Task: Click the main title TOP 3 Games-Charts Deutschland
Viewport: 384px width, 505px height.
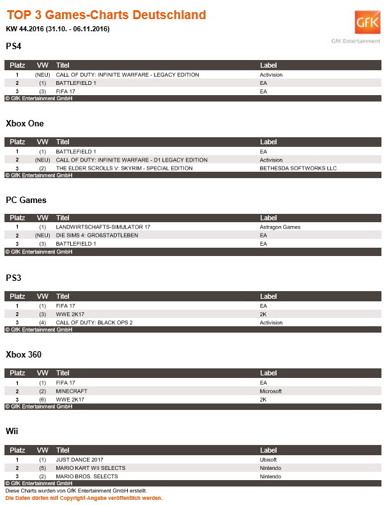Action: tap(107, 15)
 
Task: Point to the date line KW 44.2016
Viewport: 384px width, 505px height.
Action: tap(58, 29)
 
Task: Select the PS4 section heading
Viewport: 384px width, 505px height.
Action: tap(15, 46)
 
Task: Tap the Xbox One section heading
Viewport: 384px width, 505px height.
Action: tap(25, 123)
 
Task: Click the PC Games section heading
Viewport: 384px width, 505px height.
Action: tap(26, 200)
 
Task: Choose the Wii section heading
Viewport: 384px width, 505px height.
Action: tap(12, 431)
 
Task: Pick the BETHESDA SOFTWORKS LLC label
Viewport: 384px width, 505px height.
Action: tap(298, 168)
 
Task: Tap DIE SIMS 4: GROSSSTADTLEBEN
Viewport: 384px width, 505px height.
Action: tap(96, 235)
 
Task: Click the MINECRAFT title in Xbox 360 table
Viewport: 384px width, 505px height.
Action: tap(72, 391)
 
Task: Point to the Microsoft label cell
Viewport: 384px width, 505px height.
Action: tap(271, 391)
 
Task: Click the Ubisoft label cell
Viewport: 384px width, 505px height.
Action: tap(268, 459)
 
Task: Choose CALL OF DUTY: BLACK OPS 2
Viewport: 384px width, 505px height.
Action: tap(94, 322)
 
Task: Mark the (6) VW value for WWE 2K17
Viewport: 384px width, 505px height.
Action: tap(42, 399)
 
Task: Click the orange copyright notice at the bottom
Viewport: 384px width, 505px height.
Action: tap(84, 497)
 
